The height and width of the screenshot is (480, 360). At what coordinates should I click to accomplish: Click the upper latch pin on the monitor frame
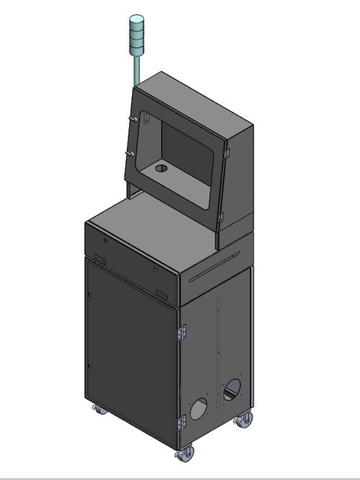(x=133, y=118)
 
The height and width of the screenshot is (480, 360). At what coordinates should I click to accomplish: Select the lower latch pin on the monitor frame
(x=130, y=154)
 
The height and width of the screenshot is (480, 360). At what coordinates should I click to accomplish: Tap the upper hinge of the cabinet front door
(x=181, y=331)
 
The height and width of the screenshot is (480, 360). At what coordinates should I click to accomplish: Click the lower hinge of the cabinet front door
(x=181, y=424)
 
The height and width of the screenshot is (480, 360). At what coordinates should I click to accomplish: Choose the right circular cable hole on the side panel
(x=232, y=388)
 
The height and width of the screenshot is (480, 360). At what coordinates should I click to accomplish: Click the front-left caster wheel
(x=98, y=409)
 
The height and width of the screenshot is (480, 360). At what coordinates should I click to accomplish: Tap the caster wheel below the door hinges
(x=184, y=453)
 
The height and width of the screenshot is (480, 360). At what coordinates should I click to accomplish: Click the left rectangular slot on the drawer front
(x=99, y=259)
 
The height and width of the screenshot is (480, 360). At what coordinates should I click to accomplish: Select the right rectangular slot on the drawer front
(x=160, y=290)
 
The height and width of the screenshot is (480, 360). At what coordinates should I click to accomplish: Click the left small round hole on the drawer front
(x=106, y=241)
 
